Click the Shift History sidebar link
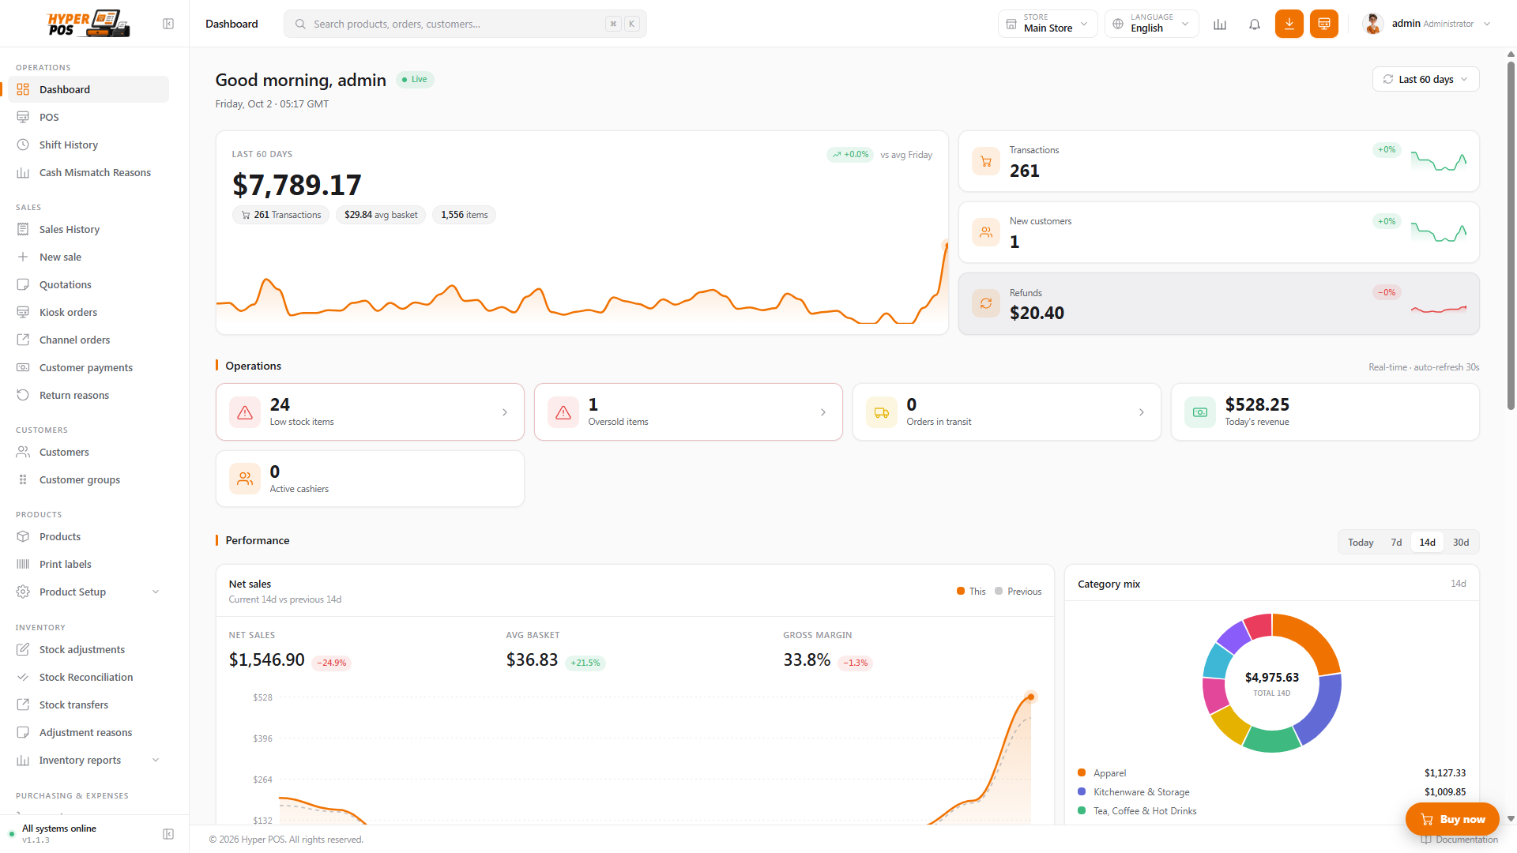coord(69,145)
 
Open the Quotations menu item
coord(66,284)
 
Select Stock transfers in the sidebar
coord(73,705)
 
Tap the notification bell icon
coord(1255,24)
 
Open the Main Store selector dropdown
coord(1048,24)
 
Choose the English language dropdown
coord(1152,24)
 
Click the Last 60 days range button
coord(1425,79)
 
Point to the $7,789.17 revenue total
coord(297,185)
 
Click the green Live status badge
coord(415,79)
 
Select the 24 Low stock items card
coord(370,412)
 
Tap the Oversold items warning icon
coord(563,412)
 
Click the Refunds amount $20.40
coord(1037,313)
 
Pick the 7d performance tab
coord(1396,543)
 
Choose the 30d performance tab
coord(1461,543)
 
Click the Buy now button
coord(1452,819)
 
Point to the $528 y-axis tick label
coord(262,697)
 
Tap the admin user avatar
coord(1373,24)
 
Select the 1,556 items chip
coord(464,215)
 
